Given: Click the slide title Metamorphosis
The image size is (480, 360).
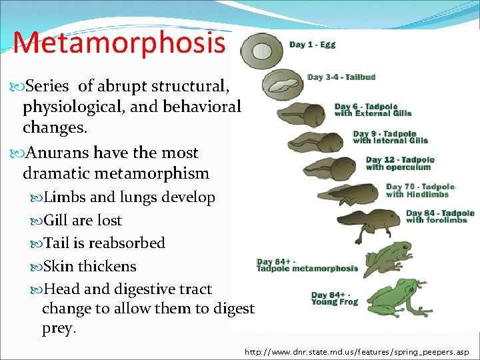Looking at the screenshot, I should click(119, 42).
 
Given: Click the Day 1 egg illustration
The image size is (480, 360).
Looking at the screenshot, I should click(255, 48).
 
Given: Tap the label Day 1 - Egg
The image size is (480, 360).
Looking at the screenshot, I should click(312, 45).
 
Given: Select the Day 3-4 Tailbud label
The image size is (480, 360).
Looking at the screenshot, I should click(341, 77).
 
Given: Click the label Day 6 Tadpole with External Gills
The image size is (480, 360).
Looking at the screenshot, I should click(373, 110).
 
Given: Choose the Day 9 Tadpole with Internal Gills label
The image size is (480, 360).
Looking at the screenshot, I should click(390, 137).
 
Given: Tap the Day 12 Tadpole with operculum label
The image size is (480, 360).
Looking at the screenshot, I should click(400, 163).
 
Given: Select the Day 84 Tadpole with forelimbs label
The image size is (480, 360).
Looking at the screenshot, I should click(440, 217).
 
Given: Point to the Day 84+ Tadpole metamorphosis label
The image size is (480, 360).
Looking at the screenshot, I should click(307, 265).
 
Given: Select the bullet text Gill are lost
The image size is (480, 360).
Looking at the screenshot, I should click(83, 220).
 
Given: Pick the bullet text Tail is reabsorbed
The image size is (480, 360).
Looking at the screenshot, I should click(104, 243).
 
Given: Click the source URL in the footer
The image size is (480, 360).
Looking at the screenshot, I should click(357, 351).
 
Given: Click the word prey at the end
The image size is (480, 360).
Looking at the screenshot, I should click(58, 329).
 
